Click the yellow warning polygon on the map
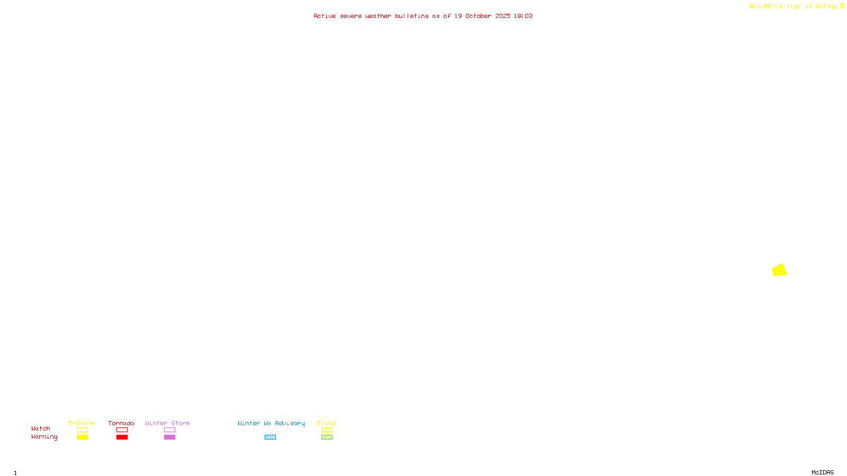click(x=779, y=270)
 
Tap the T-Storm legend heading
click(x=82, y=423)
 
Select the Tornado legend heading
click(x=121, y=423)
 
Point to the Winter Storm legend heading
click(x=167, y=423)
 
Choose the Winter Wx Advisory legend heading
click(x=271, y=423)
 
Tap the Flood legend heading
click(x=327, y=423)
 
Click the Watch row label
click(x=41, y=428)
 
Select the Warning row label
click(x=44, y=437)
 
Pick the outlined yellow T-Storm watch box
click(x=82, y=430)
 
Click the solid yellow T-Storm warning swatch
click(x=82, y=437)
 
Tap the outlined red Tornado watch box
click(x=122, y=430)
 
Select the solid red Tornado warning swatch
click(x=122, y=437)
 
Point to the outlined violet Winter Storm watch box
click(x=169, y=430)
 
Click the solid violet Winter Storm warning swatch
click(x=169, y=437)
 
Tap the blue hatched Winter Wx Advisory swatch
click(x=270, y=437)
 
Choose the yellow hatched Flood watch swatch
click(x=327, y=430)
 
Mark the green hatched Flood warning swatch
click(x=327, y=437)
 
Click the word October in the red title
click(x=478, y=16)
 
